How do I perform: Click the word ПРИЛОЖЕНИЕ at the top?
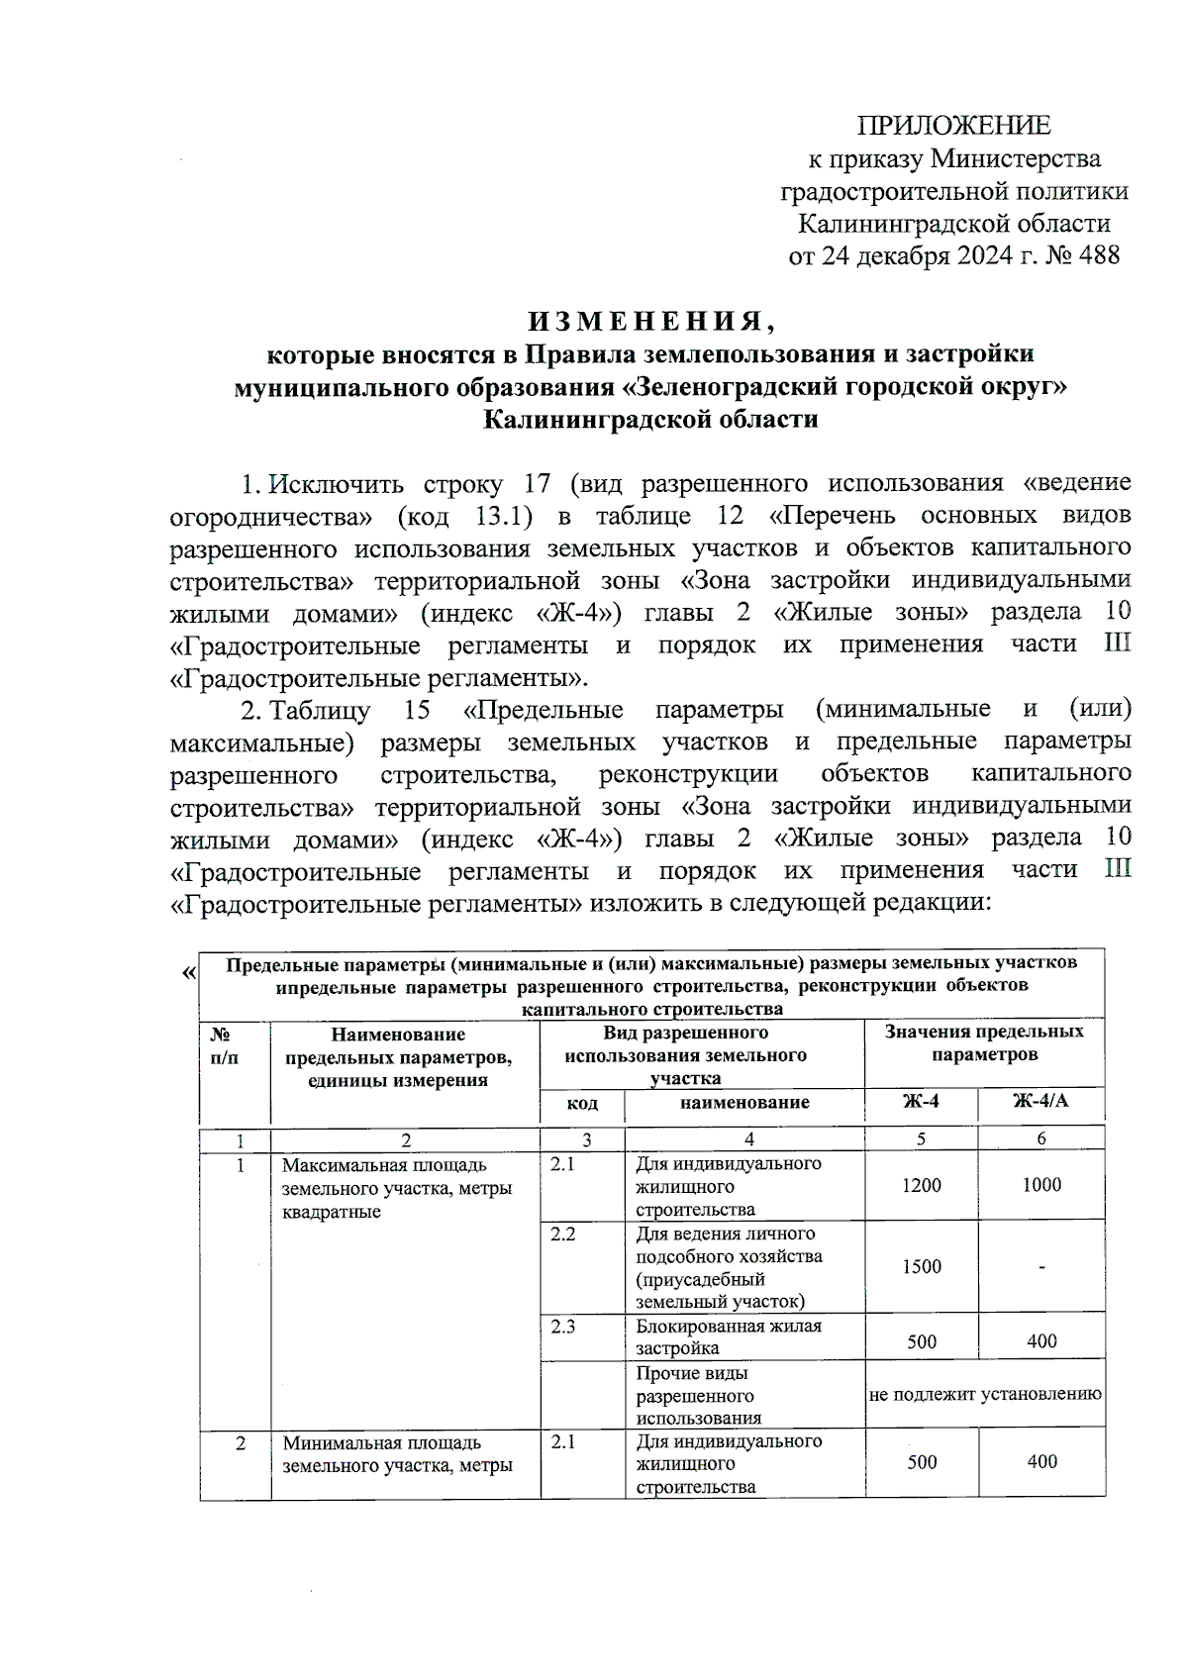[953, 126]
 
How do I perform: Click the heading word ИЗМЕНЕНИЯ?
[648, 322]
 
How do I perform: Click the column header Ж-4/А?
[1040, 1102]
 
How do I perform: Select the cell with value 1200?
[921, 1185]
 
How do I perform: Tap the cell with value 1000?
[1041, 1185]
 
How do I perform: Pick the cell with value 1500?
[921, 1266]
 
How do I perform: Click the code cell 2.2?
[562, 1235]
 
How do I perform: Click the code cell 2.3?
[562, 1327]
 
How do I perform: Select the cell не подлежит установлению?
[985, 1395]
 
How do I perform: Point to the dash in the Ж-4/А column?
[1041, 1267]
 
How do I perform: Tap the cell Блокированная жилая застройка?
[728, 1336]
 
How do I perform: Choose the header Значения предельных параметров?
[983, 1042]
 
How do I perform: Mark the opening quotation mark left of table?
[188, 973]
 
